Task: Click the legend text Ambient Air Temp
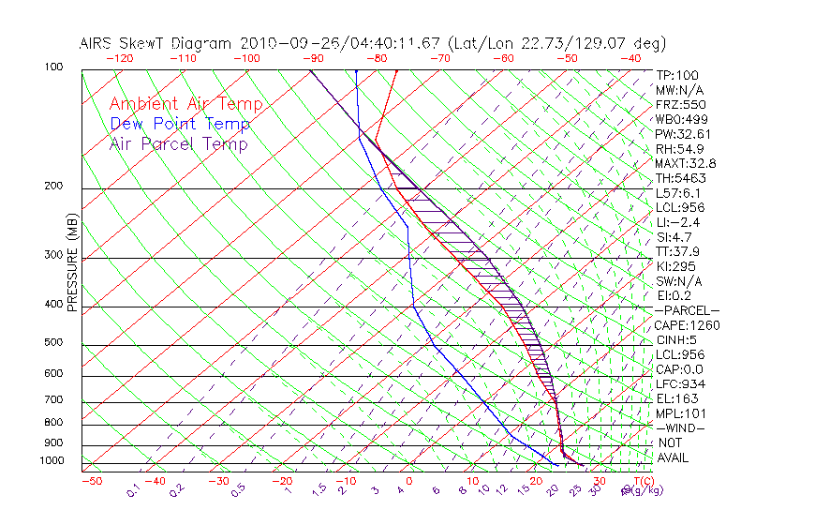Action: (x=185, y=104)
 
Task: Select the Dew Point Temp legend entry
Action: (x=179, y=124)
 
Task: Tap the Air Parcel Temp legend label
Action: (x=178, y=143)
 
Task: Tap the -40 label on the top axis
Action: (x=631, y=58)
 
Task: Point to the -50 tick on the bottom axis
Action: (x=91, y=481)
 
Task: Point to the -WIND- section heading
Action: (x=681, y=427)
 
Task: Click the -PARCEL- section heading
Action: (x=688, y=310)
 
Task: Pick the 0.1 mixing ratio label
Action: (x=132, y=490)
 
